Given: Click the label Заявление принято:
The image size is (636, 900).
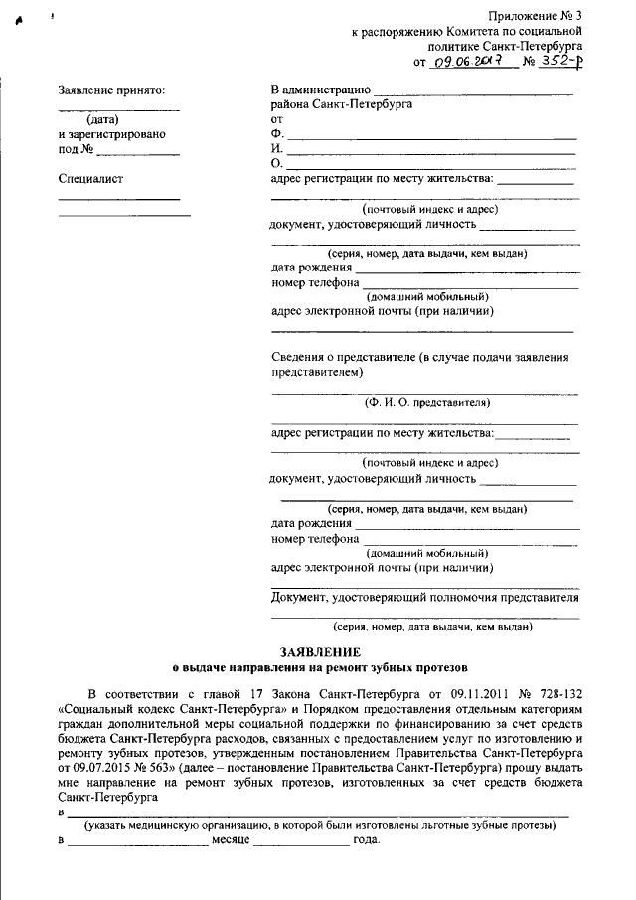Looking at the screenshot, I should coord(111,91).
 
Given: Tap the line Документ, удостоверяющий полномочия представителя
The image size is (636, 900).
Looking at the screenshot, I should coord(425,598).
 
